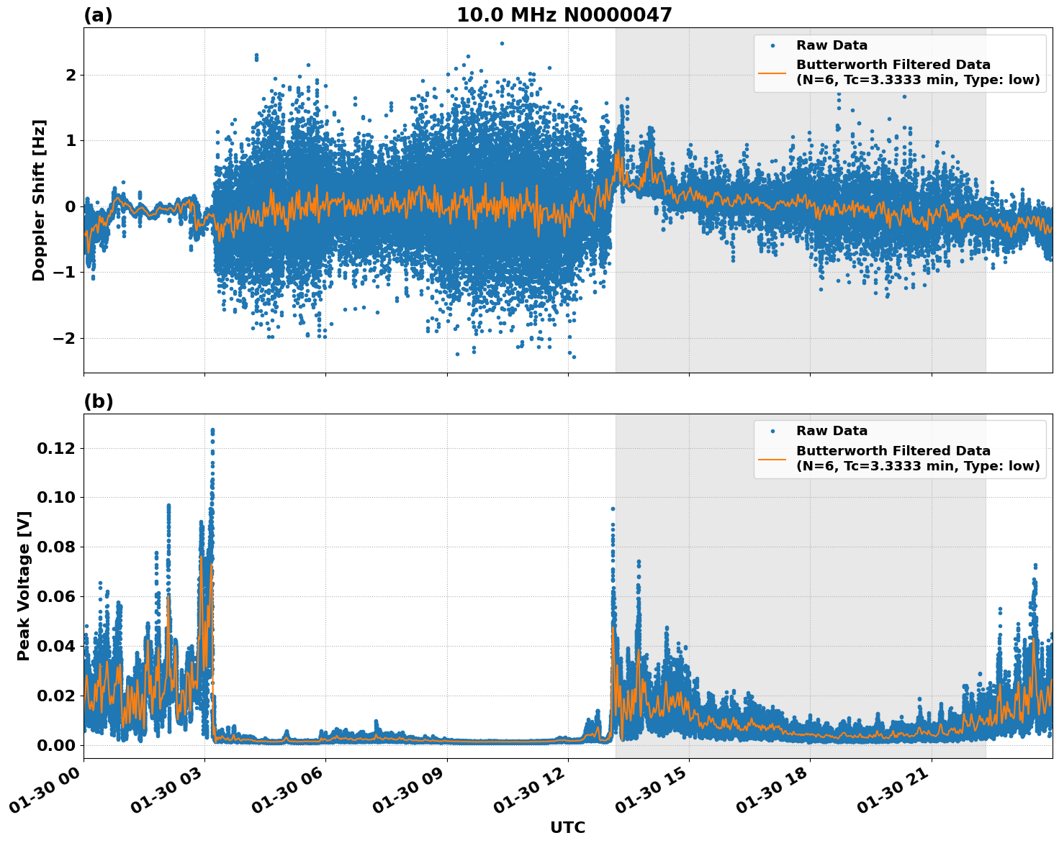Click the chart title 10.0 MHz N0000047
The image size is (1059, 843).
(564, 15)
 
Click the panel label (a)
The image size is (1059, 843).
(98, 15)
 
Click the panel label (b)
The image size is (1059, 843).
(98, 401)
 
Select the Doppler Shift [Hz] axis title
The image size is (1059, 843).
(39, 200)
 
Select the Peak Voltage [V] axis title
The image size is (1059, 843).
(24, 585)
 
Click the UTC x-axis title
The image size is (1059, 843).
(567, 827)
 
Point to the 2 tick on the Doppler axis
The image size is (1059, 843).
(71, 75)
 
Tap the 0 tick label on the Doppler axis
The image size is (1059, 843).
(71, 206)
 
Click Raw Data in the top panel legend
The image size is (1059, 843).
(832, 45)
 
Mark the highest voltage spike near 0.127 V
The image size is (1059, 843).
(212, 430)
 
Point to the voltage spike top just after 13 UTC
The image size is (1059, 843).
(613, 509)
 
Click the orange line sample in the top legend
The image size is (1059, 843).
(772, 73)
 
